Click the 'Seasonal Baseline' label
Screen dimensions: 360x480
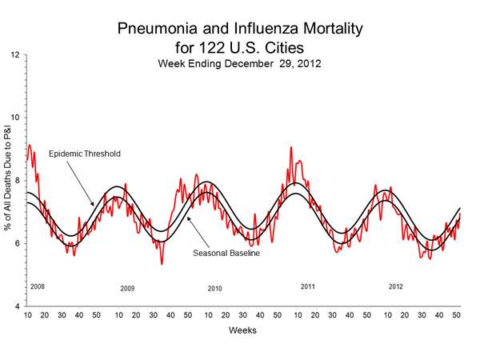point(227,253)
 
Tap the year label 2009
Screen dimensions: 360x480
point(128,288)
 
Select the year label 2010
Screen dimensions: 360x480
point(215,288)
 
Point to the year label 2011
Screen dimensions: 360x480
point(308,286)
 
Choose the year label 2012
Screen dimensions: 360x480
point(396,286)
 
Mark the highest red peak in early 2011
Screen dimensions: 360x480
point(291,147)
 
